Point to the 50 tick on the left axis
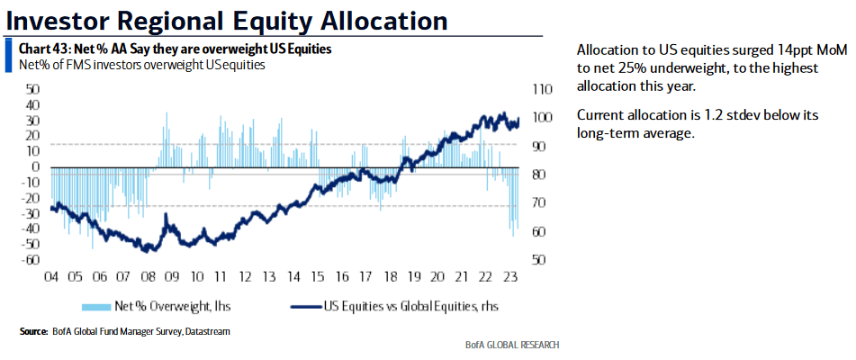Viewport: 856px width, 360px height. click(33, 89)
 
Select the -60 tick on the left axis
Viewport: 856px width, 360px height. click(30, 259)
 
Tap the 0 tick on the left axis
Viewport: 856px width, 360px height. click(37, 166)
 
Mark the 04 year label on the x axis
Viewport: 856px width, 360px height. click(51, 277)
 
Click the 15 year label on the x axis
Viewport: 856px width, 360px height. click(316, 277)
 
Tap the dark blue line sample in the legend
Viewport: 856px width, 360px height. click(304, 306)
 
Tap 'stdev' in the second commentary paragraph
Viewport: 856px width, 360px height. click(736, 115)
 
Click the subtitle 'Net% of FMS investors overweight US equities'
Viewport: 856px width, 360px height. click(142, 65)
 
